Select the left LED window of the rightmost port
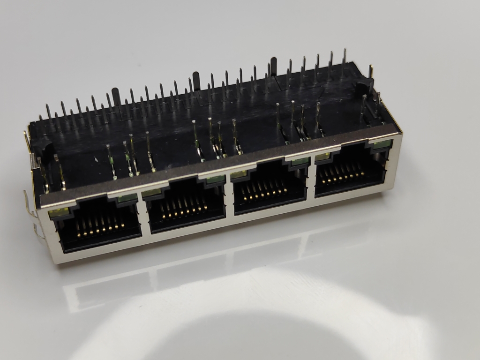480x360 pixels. coord(321,157)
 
